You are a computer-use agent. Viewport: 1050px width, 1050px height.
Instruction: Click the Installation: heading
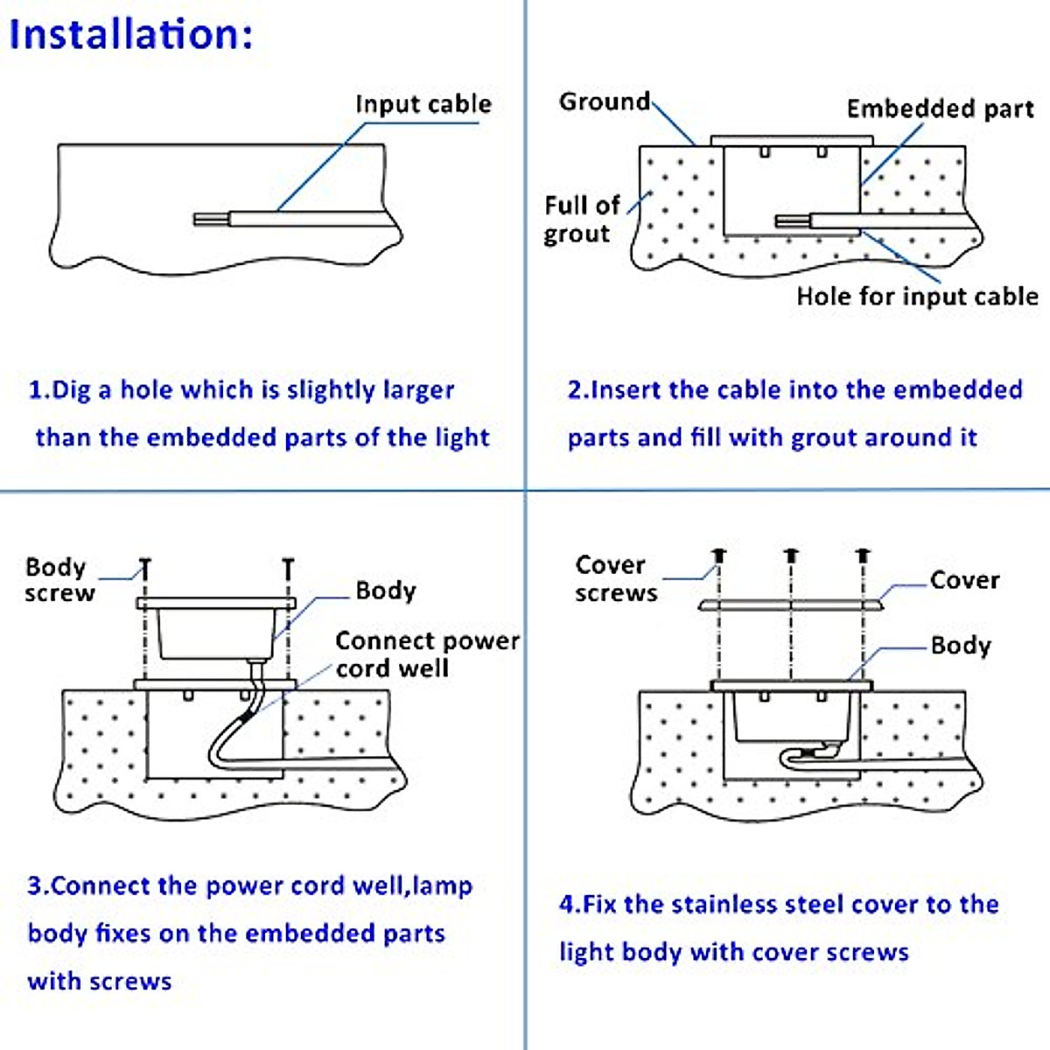tap(131, 34)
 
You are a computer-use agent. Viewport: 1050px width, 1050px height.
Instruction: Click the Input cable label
tap(423, 104)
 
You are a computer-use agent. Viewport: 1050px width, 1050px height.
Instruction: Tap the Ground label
tap(605, 101)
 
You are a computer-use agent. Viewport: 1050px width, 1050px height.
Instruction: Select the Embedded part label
tap(940, 109)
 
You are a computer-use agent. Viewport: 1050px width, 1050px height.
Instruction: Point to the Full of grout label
tap(581, 220)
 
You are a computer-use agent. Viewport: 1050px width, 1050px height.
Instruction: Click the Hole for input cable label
tap(917, 297)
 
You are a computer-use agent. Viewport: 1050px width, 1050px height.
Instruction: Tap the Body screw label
tap(60, 580)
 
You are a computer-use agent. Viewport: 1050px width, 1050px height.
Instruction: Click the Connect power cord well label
tap(427, 654)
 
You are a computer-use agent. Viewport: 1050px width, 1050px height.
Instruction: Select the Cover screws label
tap(616, 578)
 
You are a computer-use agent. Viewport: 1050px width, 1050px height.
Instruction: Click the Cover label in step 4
tap(964, 580)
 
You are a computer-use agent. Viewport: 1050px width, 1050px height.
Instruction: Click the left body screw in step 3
tap(145, 569)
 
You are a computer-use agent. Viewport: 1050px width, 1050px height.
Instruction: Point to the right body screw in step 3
tap(288, 569)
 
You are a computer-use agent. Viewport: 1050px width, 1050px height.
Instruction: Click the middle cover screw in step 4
tap(791, 556)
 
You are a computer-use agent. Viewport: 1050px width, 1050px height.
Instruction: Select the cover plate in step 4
tap(791, 605)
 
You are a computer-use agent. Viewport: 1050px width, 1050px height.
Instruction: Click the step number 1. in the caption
tap(39, 390)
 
